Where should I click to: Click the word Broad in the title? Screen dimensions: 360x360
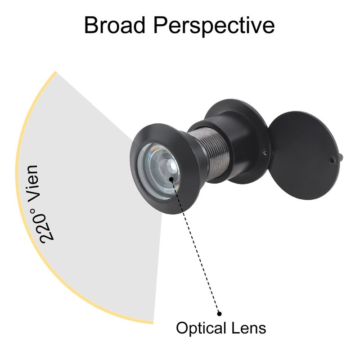pos(115,25)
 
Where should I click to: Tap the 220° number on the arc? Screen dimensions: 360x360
pos(45,226)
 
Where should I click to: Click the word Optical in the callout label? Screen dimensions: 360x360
pos(201,328)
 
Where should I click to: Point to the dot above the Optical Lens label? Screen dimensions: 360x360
pos(219,314)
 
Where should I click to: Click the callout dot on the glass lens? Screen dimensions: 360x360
pos(171,179)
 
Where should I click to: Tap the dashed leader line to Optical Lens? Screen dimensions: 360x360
pos(195,246)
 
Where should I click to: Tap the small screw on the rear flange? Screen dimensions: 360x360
pos(265,152)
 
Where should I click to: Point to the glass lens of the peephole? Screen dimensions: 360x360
pos(158,171)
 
